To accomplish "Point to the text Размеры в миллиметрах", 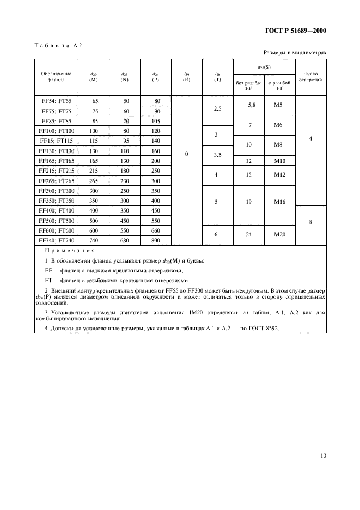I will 295,53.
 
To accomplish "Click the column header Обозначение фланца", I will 56,75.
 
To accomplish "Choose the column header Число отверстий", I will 310,75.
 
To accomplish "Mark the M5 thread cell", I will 279,104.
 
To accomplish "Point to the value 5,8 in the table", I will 249,104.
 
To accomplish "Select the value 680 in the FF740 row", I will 126,240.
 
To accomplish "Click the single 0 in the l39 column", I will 186,154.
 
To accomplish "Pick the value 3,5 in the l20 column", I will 217,155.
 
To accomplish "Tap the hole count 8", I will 310,222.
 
